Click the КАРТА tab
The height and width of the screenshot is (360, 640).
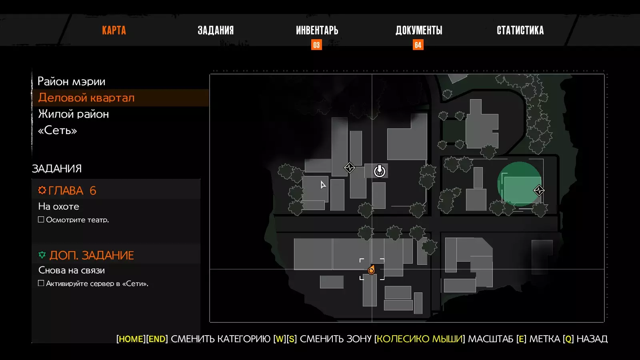pyautogui.click(x=114, y=30)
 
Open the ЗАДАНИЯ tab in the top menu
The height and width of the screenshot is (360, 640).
pyautogui.click(x=216, y=30)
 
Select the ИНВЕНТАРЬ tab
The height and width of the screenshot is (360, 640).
pyautogui.click(x=317, y=30)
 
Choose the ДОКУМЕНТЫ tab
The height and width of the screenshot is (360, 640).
pyautogui.click(x=419, y=30)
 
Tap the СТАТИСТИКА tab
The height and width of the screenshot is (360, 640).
pyautogui.click(x=520, y=30)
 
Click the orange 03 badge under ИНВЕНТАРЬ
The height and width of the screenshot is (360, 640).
pyautogui.click(x=316, y=45)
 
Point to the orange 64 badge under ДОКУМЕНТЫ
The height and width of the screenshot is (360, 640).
pyautogui.click(x=418, y=45)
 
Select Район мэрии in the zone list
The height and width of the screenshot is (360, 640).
pyautogui.click(x=72, y=82)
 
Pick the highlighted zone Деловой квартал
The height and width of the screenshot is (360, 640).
pyautogui.click(x=86, y=98)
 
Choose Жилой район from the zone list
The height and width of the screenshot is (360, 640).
pyautogui.click(x=74, y=114)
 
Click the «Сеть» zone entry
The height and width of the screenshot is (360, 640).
pyautogui.click(x=58, y=130)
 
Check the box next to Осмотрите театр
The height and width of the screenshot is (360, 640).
pyautogui.click(x=41, y=220)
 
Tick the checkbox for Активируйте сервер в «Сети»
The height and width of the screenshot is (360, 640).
pyautogui.click(x=41, y=283)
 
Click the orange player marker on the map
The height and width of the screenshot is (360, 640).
pyautogui.click(x=372, y=270)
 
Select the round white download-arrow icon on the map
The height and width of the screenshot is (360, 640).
pyautogui.click(x=380, y=171)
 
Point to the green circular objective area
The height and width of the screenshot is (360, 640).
pyautogui.click(x=519, y=184)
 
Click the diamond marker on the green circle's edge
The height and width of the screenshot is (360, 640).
pyautogui.click(x=539, y=190)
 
